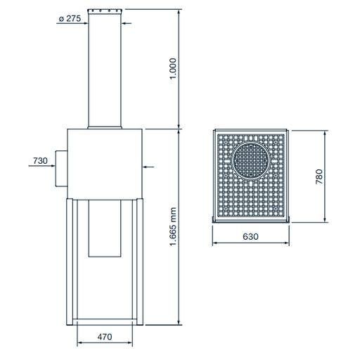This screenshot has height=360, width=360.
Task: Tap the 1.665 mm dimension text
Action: tap(173, 226)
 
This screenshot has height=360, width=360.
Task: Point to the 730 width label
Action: tap(40, 161)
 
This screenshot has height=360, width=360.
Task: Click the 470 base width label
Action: tap(104, 337)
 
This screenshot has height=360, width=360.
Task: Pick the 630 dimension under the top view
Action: tap(250, 237)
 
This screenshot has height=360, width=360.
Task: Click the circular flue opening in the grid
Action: tap(251, 160)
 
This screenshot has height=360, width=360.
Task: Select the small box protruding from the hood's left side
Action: tap(61, 167)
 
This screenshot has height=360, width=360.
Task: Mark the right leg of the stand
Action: tap(139, 260)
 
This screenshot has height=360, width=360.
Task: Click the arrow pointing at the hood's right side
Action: tap(148, 167)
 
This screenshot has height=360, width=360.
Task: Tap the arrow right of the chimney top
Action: tap(128, 20)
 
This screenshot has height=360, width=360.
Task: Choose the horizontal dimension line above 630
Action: tap(250, 244)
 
